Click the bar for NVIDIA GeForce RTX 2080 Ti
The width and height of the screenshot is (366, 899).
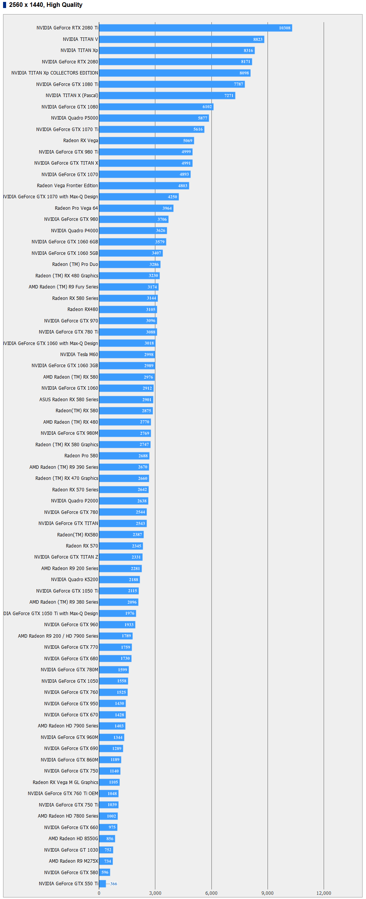tap(195, 28)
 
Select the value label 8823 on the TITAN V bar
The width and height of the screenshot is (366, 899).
tap(258, 39)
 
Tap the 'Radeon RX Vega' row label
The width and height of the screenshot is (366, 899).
tap(81, 141)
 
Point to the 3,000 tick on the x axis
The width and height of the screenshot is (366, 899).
tap(155, 893)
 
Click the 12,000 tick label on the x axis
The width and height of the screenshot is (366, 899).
tap(324, 893)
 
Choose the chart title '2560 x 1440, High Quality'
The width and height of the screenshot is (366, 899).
tap(46, 5)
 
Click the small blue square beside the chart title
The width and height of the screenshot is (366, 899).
tap(5, 5)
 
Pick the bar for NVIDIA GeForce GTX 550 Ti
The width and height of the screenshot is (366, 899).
tap(102, 883)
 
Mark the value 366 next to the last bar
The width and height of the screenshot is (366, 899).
tap(114, 884)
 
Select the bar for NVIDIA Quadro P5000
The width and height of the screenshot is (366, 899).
tap(154, 118)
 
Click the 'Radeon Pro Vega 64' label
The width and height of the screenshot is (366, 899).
tap(76, 208)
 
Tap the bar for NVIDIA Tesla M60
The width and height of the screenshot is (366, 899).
tap(127, 355)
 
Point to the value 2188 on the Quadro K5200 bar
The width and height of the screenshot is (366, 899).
tap(134, 580)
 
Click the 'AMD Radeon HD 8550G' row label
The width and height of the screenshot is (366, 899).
tap(73, 838)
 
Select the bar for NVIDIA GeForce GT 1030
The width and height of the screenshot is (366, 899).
tap(106, 850)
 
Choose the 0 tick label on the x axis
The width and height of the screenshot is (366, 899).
tap(99, 893)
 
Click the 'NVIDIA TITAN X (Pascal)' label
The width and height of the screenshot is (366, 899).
tap(72, 96)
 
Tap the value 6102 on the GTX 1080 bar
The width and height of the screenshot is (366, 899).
tap(207, 107)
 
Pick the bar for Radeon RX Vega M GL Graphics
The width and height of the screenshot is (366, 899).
tap(109, 782)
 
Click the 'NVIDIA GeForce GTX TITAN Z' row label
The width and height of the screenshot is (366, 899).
tap(66, 557)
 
